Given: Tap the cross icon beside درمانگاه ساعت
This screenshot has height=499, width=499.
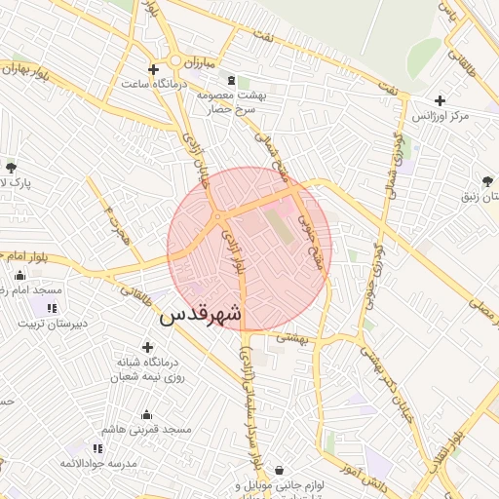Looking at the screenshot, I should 153,69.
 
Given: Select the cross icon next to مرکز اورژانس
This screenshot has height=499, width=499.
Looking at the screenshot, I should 441,100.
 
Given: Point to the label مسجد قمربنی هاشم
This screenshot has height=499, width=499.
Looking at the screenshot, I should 151,429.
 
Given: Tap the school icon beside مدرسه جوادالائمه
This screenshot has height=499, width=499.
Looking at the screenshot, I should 96,448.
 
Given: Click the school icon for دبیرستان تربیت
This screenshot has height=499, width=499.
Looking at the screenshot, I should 50,308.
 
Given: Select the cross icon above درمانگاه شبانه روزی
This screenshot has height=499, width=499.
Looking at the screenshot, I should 147,347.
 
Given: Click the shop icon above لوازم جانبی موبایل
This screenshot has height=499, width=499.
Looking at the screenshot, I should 281,469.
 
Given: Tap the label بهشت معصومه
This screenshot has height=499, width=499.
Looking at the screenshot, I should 231,96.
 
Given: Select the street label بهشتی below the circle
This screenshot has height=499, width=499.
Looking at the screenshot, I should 291,337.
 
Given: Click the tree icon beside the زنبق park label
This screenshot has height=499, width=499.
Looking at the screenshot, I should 486,180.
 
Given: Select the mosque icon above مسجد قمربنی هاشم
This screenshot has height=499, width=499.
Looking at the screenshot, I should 147,414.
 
